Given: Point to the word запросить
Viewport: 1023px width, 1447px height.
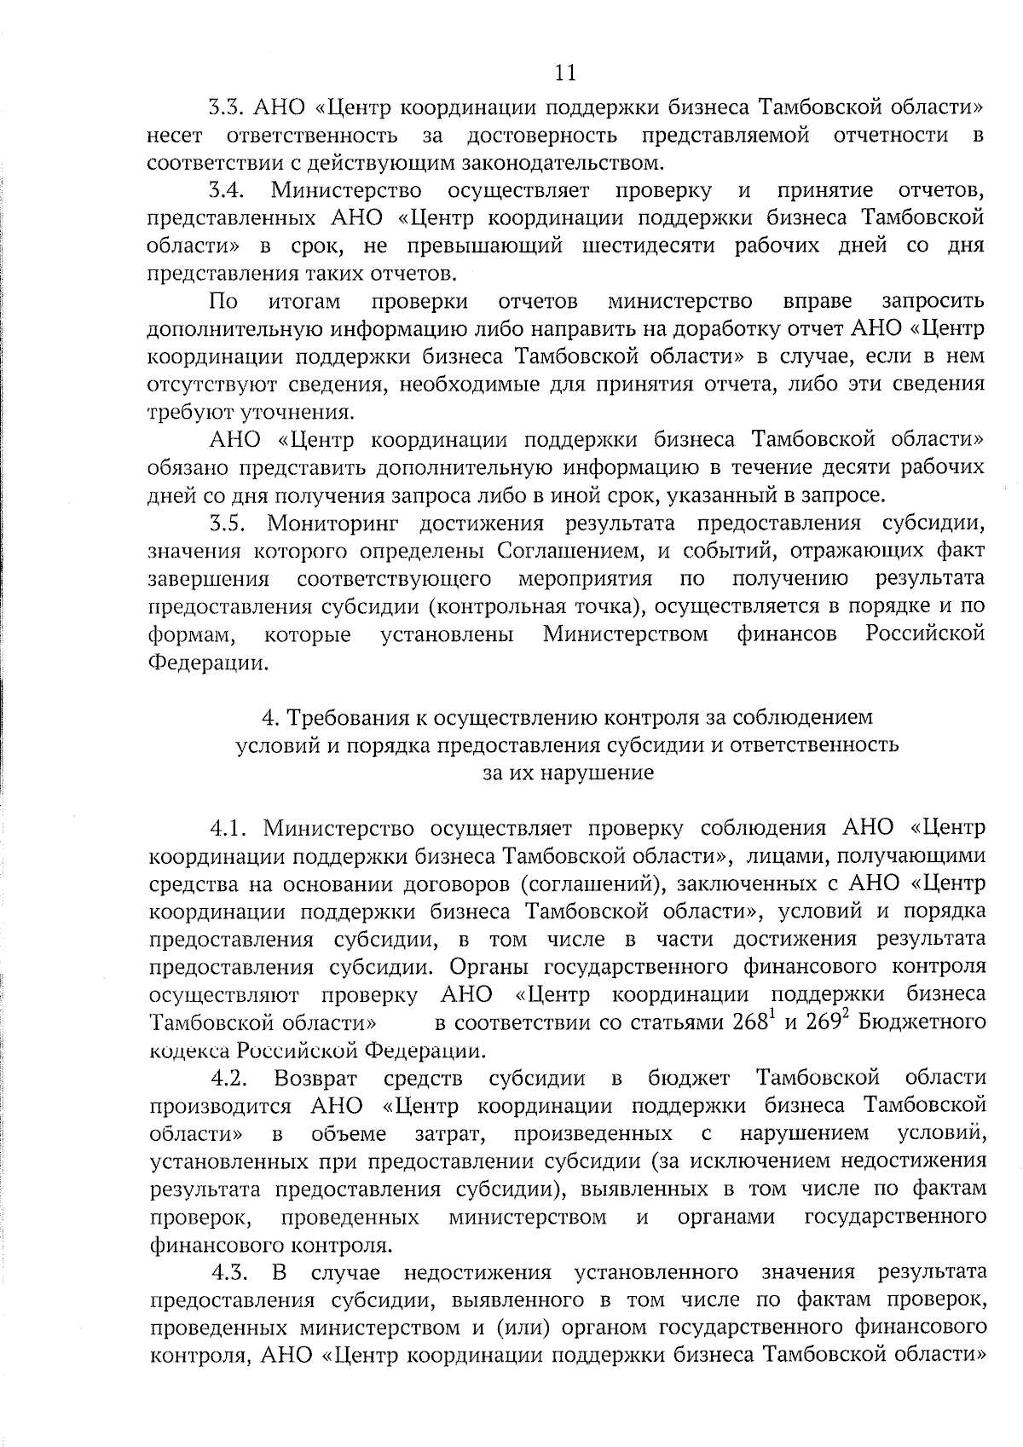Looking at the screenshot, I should [933, 302].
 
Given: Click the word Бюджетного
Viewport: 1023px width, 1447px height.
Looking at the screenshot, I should [922, 1022].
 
